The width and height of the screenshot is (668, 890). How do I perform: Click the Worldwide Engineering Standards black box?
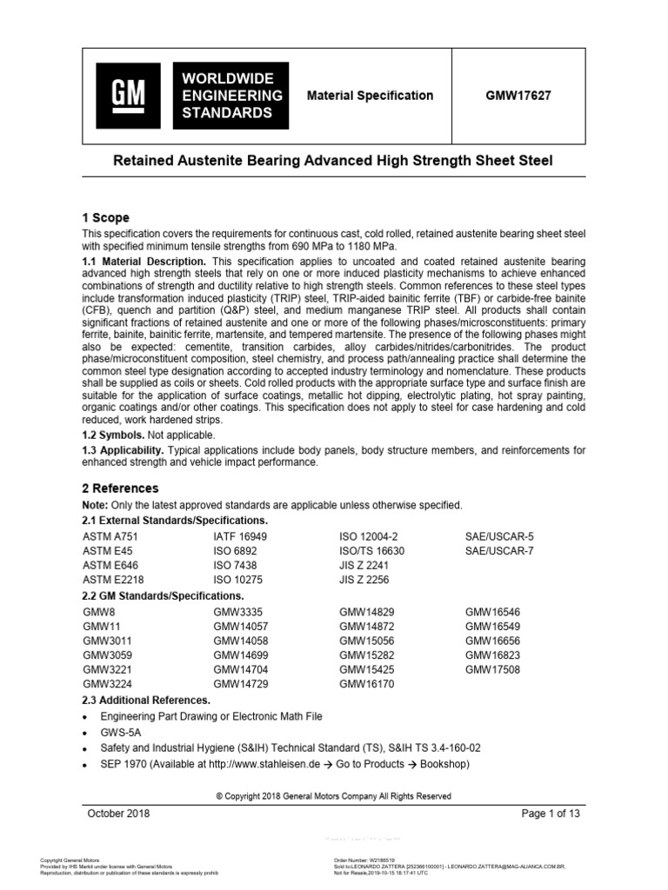coord(230,96)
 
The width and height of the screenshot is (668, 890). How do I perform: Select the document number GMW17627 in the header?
coord(518,96)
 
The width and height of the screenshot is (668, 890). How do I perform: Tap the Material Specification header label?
coord(370,96)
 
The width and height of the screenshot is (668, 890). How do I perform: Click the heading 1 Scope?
coord(105,217)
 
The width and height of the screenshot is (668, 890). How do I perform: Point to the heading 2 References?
coord(120,488)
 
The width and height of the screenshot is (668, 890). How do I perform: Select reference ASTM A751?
coord(110,537)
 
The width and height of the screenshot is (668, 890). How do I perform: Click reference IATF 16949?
coord(240,537)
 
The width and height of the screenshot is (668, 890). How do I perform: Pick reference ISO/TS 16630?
coord(371,551)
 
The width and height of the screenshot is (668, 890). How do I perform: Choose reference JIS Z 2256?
coord(365,579)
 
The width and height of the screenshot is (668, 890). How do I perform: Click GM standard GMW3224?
coord(107,683)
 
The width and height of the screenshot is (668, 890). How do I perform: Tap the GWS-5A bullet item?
coord(122,732)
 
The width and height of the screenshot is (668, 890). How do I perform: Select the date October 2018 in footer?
coord(118,813)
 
